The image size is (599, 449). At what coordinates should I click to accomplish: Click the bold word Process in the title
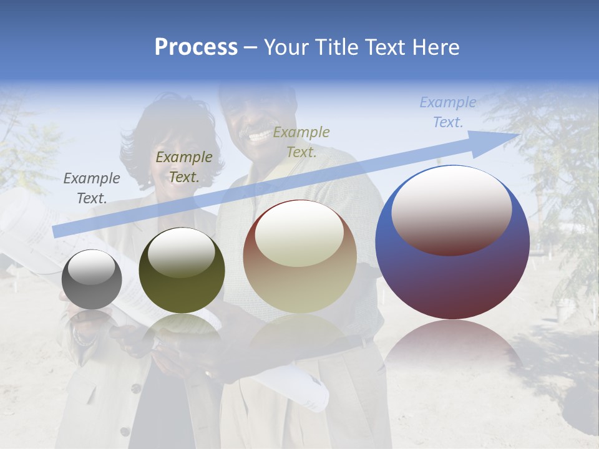tap(196, 47)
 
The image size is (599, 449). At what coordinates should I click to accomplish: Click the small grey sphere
tap(92, 279)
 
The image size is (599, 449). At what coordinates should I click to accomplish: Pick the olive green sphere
tap(182, 270)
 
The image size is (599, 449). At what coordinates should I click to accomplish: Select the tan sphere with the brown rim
tap(300, 256)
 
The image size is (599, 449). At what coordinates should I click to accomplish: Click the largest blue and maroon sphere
tap(452, 243)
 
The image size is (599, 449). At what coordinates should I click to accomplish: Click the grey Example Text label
tap(91, 188)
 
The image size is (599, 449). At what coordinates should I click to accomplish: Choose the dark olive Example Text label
tap(183, 167)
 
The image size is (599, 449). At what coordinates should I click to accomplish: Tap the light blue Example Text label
tap(447, 112)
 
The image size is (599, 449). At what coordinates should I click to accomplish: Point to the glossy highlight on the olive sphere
tap(182, 251)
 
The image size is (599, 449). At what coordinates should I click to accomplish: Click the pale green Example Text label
tap(301, 142)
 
